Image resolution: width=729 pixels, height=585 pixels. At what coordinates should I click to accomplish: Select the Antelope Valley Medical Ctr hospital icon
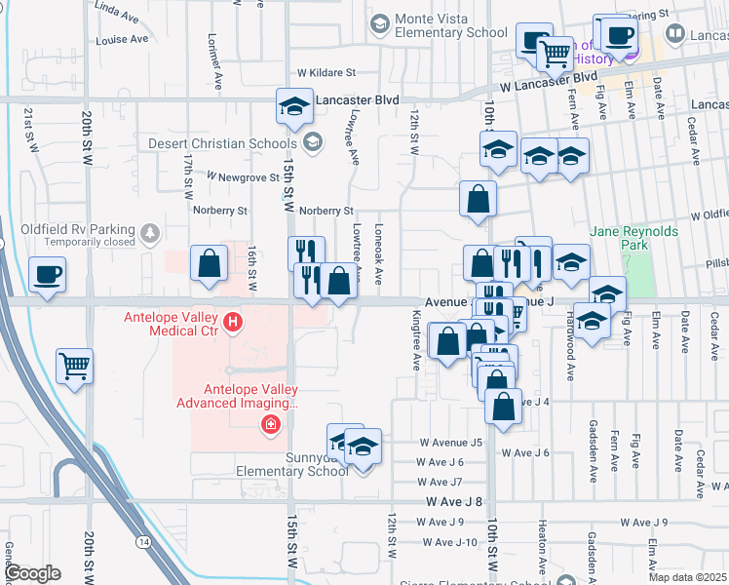tap(232, 321)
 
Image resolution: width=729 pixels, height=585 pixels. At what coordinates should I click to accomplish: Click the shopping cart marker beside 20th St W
tap(75, 367)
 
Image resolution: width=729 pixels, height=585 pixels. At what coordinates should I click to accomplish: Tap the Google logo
tap(32, 573)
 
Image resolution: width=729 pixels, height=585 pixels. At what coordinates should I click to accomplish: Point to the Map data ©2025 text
tap(689, 577)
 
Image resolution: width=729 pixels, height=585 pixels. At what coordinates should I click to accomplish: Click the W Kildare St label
tap(326, 72)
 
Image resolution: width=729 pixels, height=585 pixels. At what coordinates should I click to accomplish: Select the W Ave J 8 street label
tap(454, 501)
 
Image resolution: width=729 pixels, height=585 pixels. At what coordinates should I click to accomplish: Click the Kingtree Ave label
tap(416, 340)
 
